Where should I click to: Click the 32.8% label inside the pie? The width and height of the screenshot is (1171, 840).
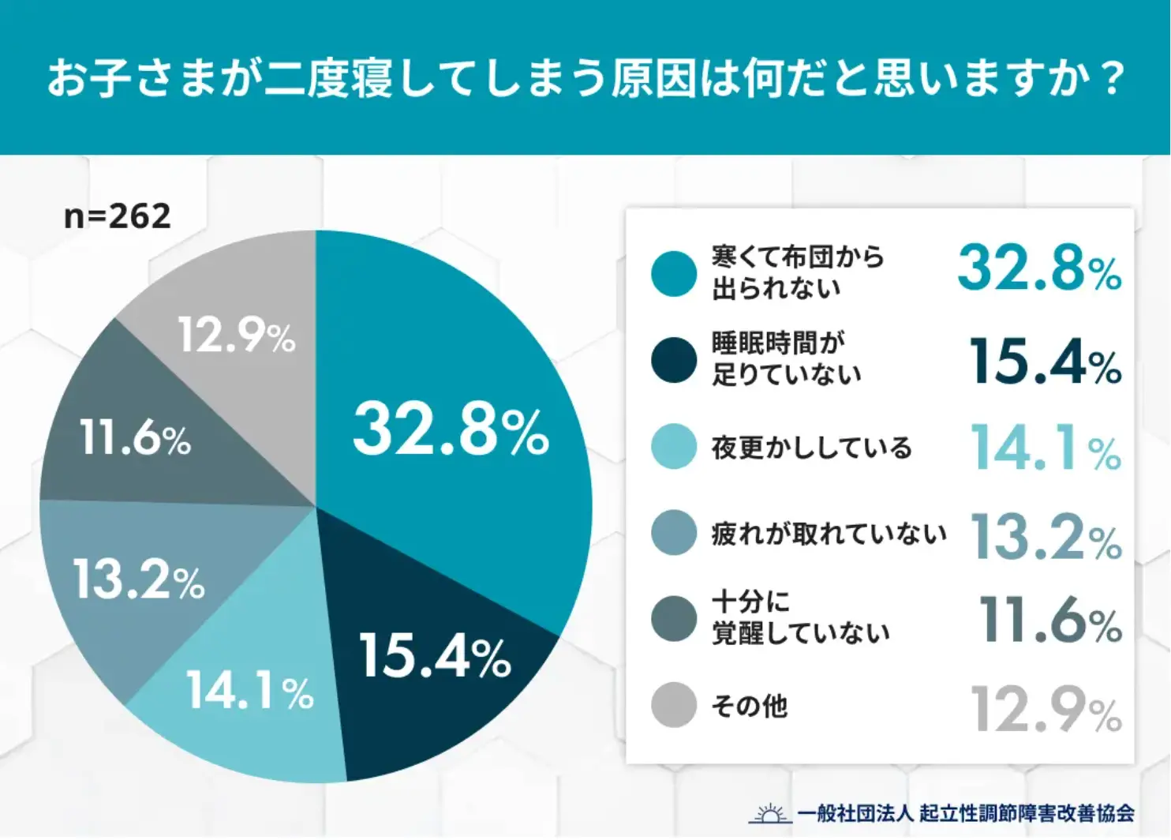451,430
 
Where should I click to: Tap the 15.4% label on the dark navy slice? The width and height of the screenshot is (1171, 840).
435,655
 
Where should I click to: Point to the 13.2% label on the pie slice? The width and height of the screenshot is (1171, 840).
139,579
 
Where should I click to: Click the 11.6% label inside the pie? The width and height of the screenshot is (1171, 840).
136,437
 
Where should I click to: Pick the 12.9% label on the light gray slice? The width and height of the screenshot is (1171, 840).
236,335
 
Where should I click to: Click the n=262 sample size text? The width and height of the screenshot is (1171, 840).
117,216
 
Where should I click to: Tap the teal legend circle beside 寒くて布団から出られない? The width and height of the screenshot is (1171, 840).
674,273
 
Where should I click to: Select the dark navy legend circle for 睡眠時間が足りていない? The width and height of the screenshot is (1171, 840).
674,359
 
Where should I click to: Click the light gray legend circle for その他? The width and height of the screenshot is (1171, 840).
674,704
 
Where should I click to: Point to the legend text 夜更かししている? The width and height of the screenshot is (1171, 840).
811,448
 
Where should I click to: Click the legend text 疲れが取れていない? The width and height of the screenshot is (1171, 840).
829,534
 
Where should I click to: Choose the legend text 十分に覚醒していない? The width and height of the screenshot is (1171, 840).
800,617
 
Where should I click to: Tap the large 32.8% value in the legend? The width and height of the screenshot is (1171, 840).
1039,268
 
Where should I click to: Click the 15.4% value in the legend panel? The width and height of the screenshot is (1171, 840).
1045,362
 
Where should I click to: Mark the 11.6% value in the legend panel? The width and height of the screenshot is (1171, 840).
1049,620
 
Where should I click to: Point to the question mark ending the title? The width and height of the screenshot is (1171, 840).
1113,78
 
